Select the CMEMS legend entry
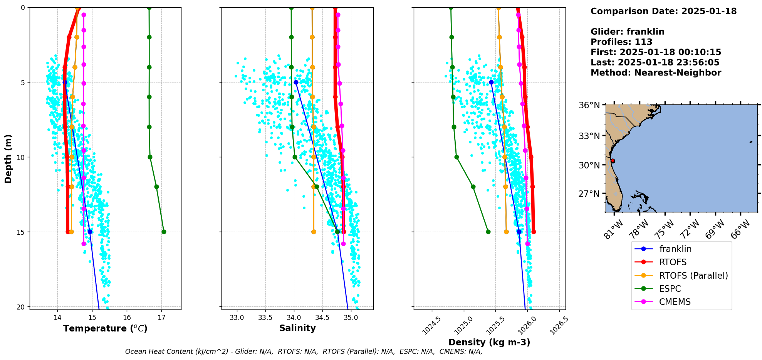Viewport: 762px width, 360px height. tap(675, 302)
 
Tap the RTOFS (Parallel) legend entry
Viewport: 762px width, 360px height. tap(693, 276)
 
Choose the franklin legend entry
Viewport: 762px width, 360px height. tap(675, 249)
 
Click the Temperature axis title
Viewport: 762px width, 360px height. tap(105, 328)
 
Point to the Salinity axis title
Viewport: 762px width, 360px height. tap(297, 328)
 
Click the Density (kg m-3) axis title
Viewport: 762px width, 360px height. tap(489, 342)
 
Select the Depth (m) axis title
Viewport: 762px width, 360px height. tap(8, 158)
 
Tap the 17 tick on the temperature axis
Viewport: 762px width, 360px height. tap(161, 318)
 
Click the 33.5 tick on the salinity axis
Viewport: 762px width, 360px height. tap(265, 318)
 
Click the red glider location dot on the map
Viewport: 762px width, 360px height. tap(613, 161)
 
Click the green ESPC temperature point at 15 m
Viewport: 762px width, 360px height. tap(164, 232)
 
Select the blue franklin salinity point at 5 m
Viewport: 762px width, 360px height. tap(296, 82)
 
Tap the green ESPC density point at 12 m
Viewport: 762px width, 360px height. tap(473, 187)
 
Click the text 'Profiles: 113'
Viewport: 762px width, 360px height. tap(621, 42)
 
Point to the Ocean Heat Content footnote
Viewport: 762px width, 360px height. tap(304, 352)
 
